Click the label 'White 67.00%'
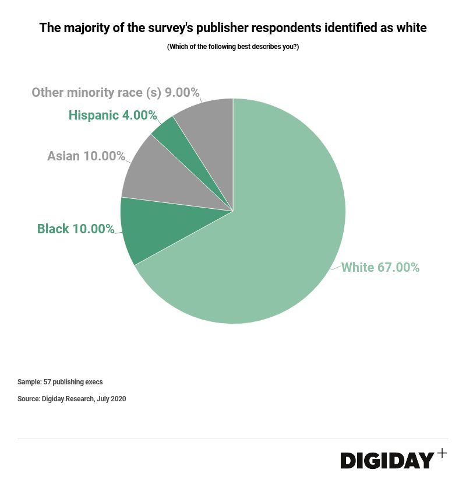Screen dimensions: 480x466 tap(380, 268)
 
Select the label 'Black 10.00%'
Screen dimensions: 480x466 tap(76, 229)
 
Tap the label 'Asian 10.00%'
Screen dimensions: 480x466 tap(86, 156)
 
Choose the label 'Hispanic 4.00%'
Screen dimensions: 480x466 tap(112, 115)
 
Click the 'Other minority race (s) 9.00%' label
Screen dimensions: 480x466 tap(115, 93)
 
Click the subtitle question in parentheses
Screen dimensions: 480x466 tap(233, 47)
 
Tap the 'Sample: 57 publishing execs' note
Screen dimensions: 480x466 tap(60, 382)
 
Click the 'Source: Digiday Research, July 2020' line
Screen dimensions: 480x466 tap(72, 399)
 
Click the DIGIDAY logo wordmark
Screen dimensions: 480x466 tap(387, 460)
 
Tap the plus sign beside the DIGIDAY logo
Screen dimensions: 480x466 tap(442, 453)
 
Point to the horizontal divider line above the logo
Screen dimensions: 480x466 tap(233, 439)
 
